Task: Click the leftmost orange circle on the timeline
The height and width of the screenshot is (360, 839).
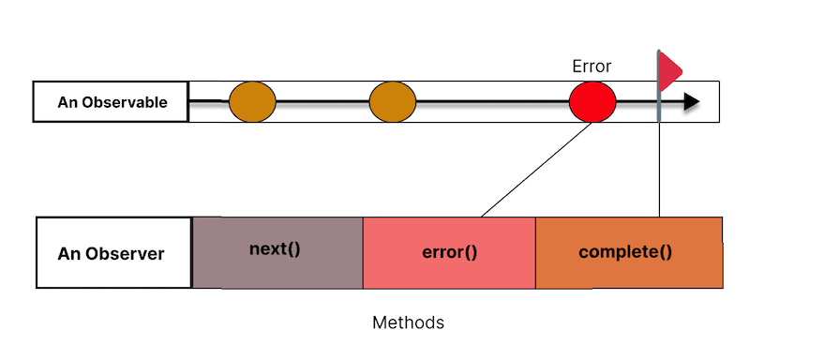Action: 252,101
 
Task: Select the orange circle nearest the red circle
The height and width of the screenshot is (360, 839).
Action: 392,101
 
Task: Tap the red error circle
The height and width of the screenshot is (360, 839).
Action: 592,101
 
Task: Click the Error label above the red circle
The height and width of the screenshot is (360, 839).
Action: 592,67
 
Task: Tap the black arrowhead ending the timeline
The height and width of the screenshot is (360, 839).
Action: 692,101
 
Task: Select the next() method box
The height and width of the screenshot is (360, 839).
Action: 277,251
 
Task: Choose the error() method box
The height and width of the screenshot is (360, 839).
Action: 448,251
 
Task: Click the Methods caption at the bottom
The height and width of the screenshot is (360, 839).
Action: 408,322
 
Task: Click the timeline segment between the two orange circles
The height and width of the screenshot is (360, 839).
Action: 322,101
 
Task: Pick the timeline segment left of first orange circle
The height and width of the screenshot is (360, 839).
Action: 209,100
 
